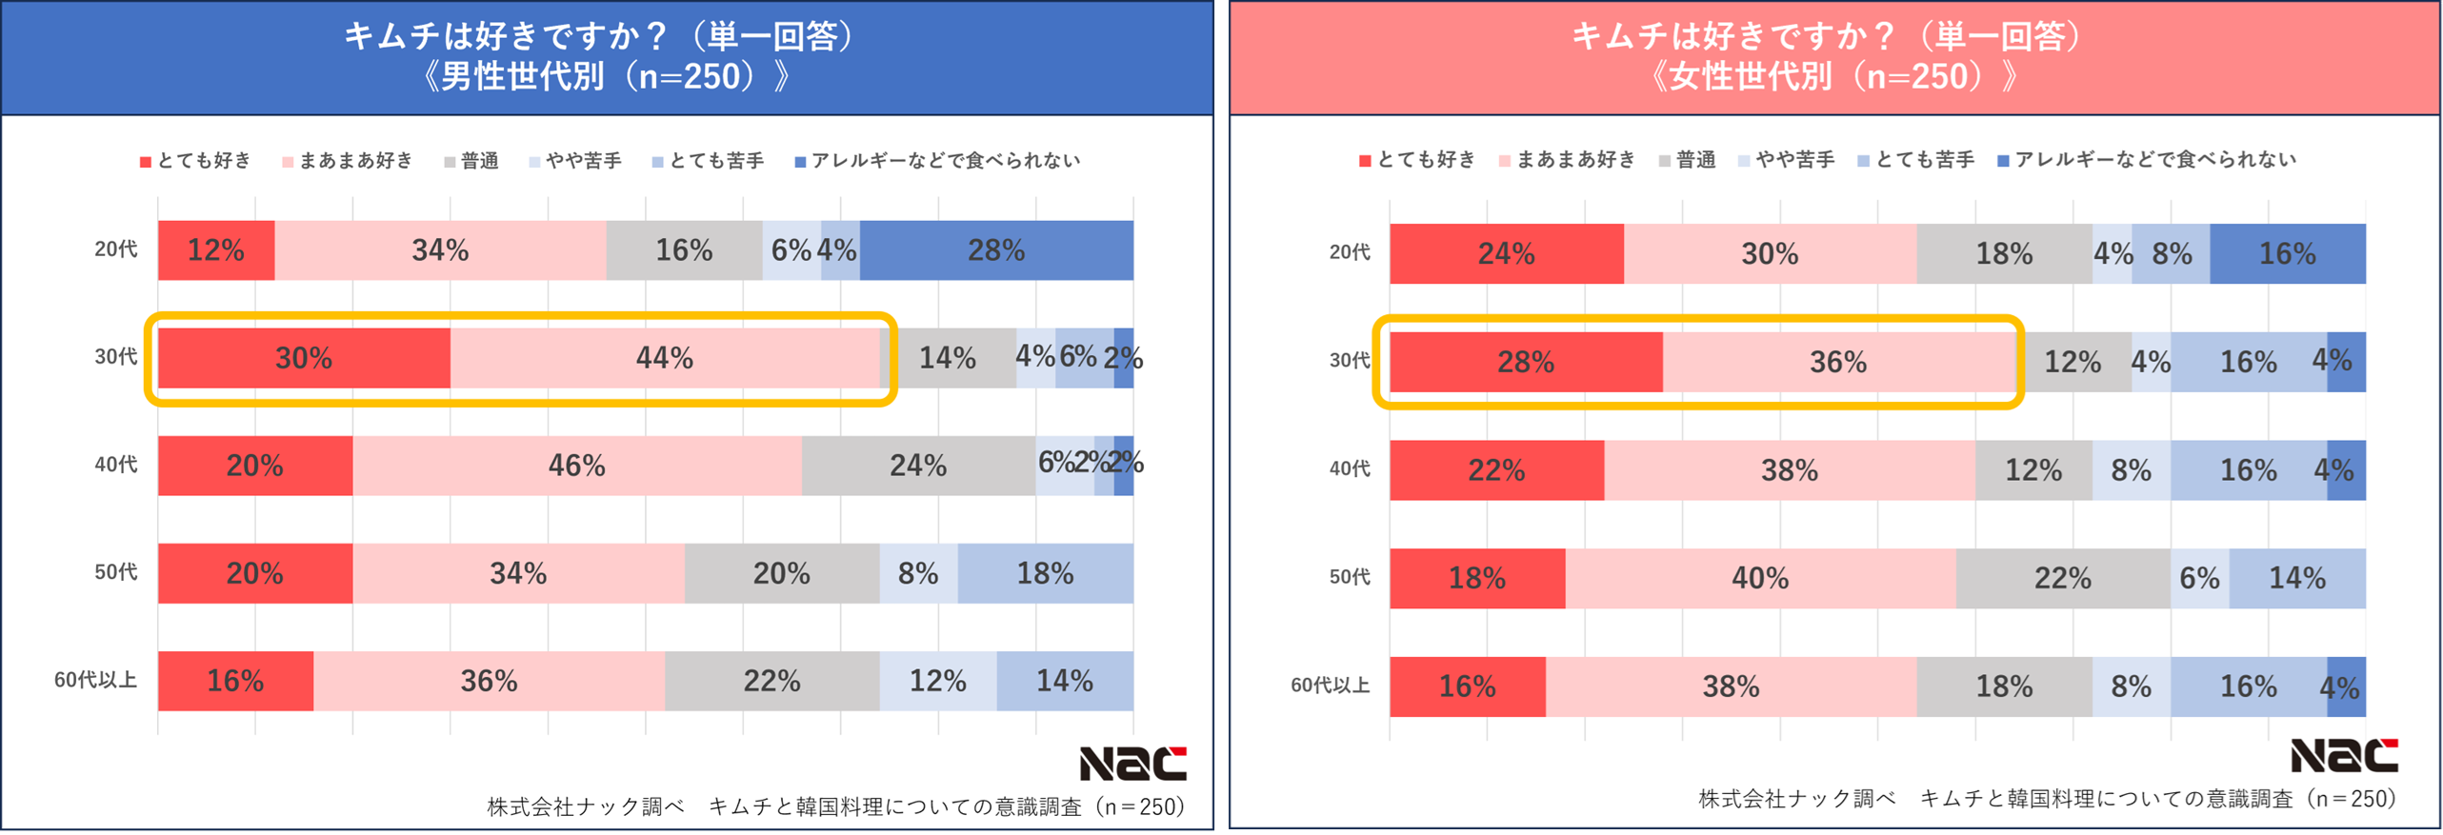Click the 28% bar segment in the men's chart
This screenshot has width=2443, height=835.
pos(995,250)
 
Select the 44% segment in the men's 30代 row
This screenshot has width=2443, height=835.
pos(664,358)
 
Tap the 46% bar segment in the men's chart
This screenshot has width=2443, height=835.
pos(576,466)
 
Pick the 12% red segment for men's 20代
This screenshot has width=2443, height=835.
pos(216,250)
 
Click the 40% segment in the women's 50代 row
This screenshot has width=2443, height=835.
pos(1759,578)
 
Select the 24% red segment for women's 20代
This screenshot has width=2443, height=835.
pos(1506,254)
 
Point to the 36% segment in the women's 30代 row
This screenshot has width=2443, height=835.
pos(1837,362)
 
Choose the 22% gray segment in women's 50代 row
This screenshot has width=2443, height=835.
pos(2062,578)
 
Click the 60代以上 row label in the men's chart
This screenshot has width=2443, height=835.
pos(95,680)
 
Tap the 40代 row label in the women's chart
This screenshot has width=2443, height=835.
pos(1349,468)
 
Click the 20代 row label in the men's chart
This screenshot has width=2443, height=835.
pos(115,249)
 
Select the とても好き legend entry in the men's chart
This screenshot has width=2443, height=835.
pos(196,161)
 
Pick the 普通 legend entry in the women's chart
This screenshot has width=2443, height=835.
pos(1687,160)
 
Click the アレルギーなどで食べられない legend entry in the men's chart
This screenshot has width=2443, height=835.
pos(937,161)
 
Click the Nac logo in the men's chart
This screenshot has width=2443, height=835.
pos(1131,764)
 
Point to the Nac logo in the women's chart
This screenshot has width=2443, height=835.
pos(2343,756)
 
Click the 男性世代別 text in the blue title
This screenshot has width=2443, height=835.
pos(522,76)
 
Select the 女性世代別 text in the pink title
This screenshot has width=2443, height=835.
pos(1751,76)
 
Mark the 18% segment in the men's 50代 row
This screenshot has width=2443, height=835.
pos(1045,573)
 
